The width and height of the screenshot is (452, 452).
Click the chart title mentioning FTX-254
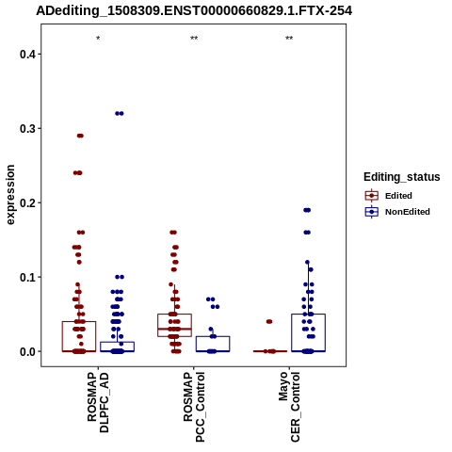coord(194,10)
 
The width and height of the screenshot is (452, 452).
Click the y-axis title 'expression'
coord(10,195)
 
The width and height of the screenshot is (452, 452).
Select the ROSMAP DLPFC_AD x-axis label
coord(98,402)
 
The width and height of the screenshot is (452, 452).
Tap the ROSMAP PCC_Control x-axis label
coord(194,407)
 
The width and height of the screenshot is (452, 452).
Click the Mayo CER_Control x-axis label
coord(289,407)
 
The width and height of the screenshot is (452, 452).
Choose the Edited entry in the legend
coord(389,196)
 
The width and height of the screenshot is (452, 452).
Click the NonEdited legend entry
coord(397,212)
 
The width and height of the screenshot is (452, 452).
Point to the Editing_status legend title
coord(402,177)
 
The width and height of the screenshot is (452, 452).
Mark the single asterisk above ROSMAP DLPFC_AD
coord(98,39)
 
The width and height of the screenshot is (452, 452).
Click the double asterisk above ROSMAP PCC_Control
coord(194,39)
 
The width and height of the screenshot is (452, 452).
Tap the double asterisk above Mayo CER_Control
coord(289,39)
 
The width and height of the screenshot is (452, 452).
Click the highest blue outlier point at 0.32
coord(120,113)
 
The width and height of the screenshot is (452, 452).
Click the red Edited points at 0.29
coord(80,136)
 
